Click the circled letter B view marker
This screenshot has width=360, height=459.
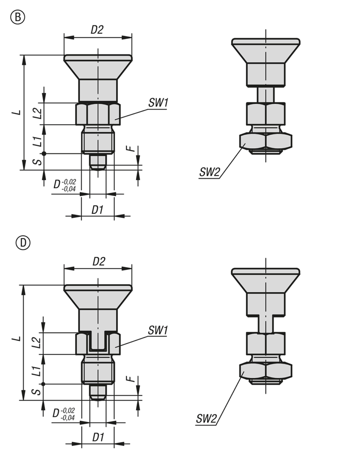pos(18,17)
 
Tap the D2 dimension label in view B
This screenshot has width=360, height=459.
pos(97,30)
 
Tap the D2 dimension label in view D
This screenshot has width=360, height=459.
pos(99,261)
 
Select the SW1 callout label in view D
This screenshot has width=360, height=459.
pos(158,330)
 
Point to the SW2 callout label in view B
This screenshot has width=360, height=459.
pos(210,172)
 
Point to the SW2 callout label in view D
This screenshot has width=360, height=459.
pos(206,419)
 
